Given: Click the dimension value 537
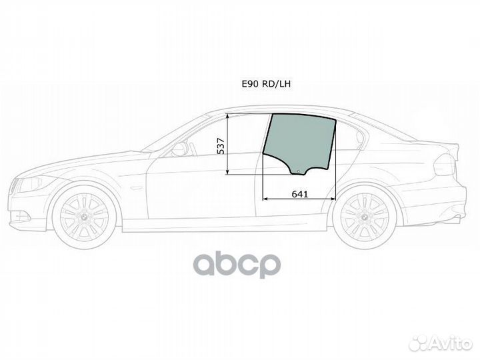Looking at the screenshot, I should [221, 145].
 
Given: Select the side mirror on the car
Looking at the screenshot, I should [179, 149].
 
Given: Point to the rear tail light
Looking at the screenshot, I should [444, 164].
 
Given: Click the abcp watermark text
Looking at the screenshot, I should [237, 264].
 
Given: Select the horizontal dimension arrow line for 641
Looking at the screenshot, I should [298, 199].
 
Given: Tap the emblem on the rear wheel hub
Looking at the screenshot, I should [364, 219].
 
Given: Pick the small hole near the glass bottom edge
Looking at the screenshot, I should [298, 171].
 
